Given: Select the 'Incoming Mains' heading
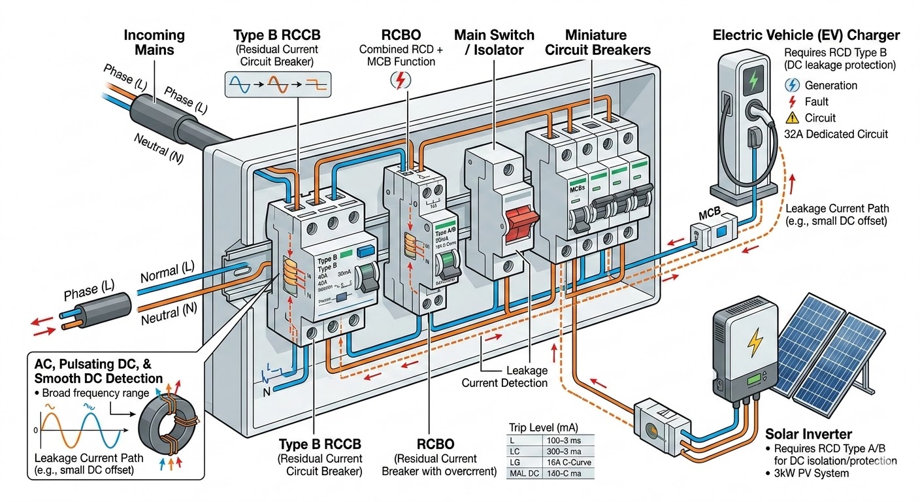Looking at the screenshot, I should (x=154, y=42).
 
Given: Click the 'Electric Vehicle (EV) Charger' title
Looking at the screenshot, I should (x=806, y=35).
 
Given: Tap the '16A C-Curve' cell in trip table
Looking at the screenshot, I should (x=566, y=462).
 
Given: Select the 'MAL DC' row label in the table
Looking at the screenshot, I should (x=523, y=473).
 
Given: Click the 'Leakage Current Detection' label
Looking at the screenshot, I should (x=504, y=376).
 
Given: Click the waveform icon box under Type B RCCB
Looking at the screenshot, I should (x=278, y=84).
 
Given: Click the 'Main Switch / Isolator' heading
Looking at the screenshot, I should (x=494, y=42).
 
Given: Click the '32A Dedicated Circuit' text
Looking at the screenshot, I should (x=836, y=134).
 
